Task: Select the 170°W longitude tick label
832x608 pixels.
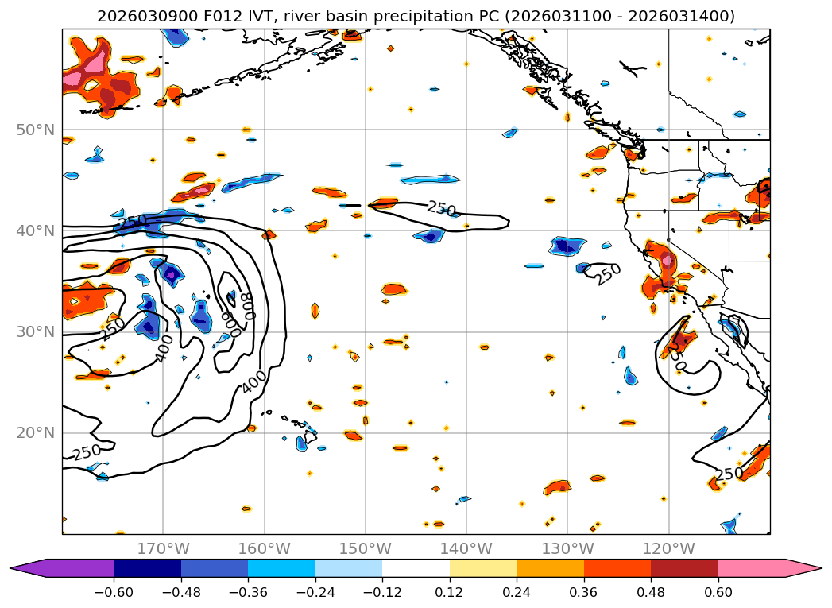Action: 163,548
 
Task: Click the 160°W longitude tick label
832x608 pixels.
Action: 264,548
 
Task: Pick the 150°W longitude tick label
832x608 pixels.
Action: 366,548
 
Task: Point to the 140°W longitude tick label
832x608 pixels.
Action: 466,548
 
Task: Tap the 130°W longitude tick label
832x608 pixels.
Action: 567,548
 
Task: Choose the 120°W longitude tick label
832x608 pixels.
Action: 668,548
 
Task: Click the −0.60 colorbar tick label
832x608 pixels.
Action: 114,593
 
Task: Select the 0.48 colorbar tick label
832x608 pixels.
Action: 651,593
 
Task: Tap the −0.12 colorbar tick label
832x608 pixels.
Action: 382,593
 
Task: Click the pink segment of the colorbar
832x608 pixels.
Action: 751,568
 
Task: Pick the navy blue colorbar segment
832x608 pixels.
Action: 147,568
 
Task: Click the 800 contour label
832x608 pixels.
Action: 250,305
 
